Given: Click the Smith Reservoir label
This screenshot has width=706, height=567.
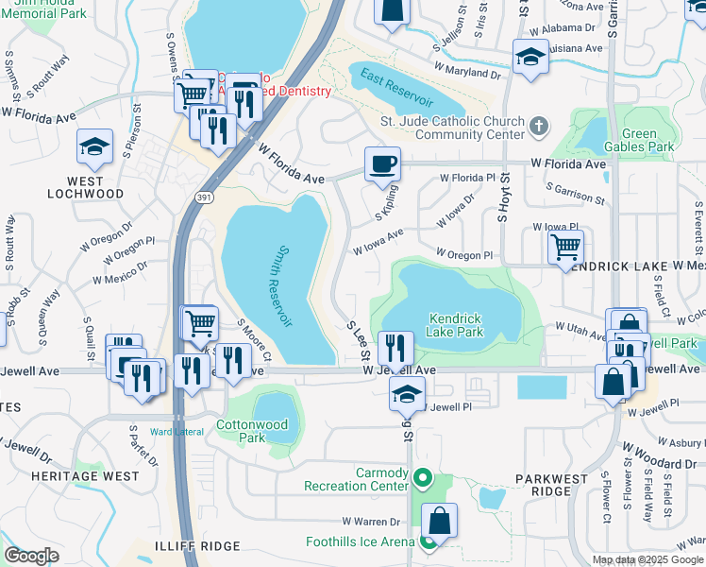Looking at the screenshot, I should (281, 287).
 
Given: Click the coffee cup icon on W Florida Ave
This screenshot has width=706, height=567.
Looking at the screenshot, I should (382, 164).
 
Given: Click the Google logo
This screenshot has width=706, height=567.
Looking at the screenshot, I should (31, 556).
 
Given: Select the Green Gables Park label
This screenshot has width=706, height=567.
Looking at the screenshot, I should (639, 140).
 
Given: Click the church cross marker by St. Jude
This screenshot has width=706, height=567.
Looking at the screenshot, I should (538, 126).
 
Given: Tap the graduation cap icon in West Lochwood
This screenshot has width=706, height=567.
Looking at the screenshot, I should (94, 146).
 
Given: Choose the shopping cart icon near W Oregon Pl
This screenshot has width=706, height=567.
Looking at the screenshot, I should (565, 248).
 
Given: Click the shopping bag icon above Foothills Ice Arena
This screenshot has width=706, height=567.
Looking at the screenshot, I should (439, 520).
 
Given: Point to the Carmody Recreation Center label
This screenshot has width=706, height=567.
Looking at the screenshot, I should (355, 479).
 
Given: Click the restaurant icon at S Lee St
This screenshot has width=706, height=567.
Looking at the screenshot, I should (395, 348).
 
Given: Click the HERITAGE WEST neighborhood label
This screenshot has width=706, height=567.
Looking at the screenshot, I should (84, 476).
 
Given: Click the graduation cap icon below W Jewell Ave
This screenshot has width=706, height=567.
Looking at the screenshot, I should (407, 393).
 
